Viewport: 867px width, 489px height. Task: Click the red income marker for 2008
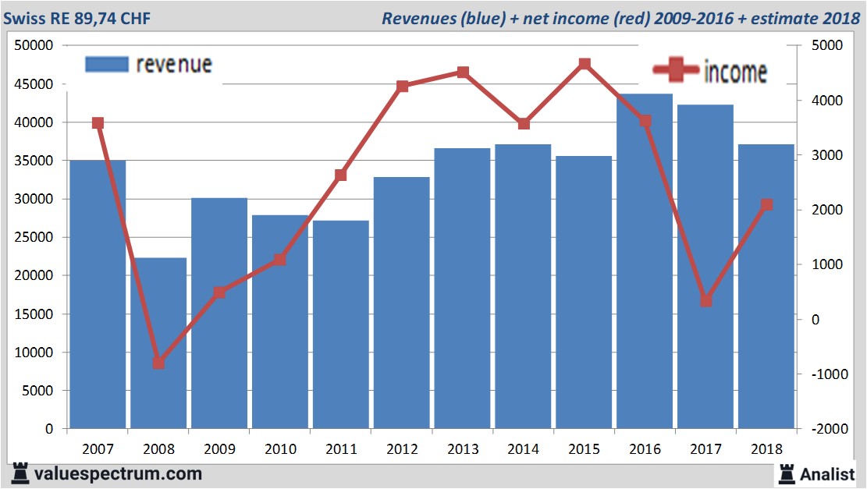[x=158, y=363]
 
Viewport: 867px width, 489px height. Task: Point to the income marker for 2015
[x=585, y=64]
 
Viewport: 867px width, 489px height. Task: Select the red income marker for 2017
[x=706, y=300]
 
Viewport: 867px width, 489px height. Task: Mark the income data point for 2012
[x=402, y=86]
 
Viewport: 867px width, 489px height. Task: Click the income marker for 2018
[x=767, y=204]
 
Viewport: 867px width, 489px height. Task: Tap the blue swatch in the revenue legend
[x=105, y=65]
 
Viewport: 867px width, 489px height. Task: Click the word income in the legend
[x=735, y=72]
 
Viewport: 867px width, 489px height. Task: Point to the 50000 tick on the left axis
[x=34, y=45]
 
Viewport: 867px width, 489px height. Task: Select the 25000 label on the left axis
[x=34, y=237]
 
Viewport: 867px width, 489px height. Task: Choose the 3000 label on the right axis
[x=829, y=155]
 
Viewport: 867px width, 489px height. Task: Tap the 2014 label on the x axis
[x=523, y=448]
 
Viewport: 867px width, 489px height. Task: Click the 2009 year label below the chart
[x=219, y=448]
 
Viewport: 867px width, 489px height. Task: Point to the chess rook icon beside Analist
[x=786, y=473]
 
